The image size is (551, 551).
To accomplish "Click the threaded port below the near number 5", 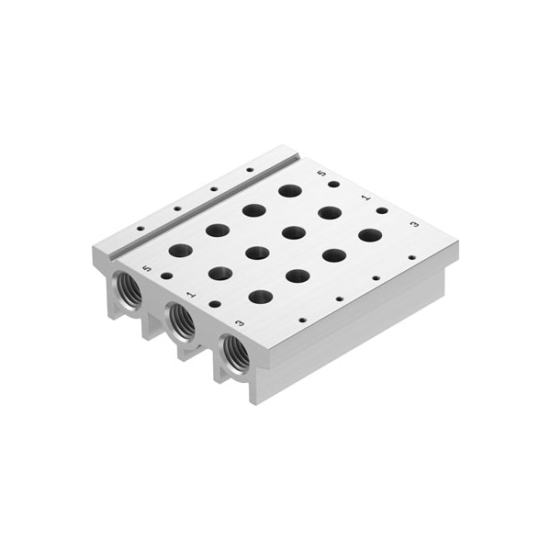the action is click(x=128, y=290).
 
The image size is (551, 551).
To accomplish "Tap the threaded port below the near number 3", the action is click(x=236, y=354).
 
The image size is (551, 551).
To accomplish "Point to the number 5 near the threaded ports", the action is click(x=147, y=268).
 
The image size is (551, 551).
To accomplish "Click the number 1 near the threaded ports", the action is click(x=192, y=295).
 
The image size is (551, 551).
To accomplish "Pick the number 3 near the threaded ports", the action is click(x=240, y=322).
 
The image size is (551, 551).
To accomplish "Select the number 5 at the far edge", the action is click(x=321, y=173).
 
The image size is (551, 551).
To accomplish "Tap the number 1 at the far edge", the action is click(x=366, y=197).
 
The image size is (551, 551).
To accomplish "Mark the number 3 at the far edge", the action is click(x=415, y=224).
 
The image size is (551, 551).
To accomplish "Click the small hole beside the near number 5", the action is click(x=167, y=276).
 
